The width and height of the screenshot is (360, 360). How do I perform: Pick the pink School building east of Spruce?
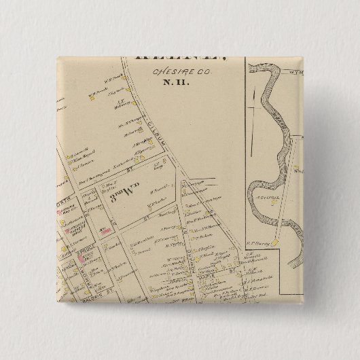107,232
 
